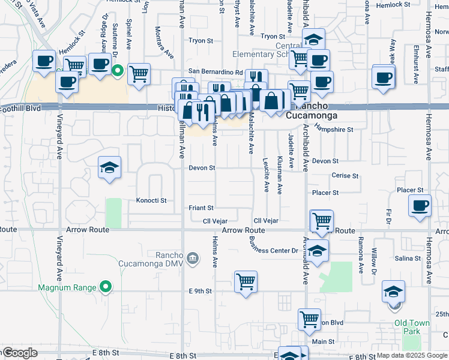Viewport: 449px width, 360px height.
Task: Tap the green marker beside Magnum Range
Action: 106,287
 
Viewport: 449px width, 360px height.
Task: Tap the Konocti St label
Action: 151,200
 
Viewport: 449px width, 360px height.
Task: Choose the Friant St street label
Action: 202,208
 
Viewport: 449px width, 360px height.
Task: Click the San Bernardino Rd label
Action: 217,71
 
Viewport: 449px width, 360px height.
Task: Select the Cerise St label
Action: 345,176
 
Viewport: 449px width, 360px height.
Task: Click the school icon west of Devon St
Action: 110,167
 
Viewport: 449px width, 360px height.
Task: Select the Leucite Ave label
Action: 266,175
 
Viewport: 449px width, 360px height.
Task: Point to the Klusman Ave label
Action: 280,175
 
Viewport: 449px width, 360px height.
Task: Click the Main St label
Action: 323,341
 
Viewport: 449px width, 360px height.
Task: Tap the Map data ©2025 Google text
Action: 412,355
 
